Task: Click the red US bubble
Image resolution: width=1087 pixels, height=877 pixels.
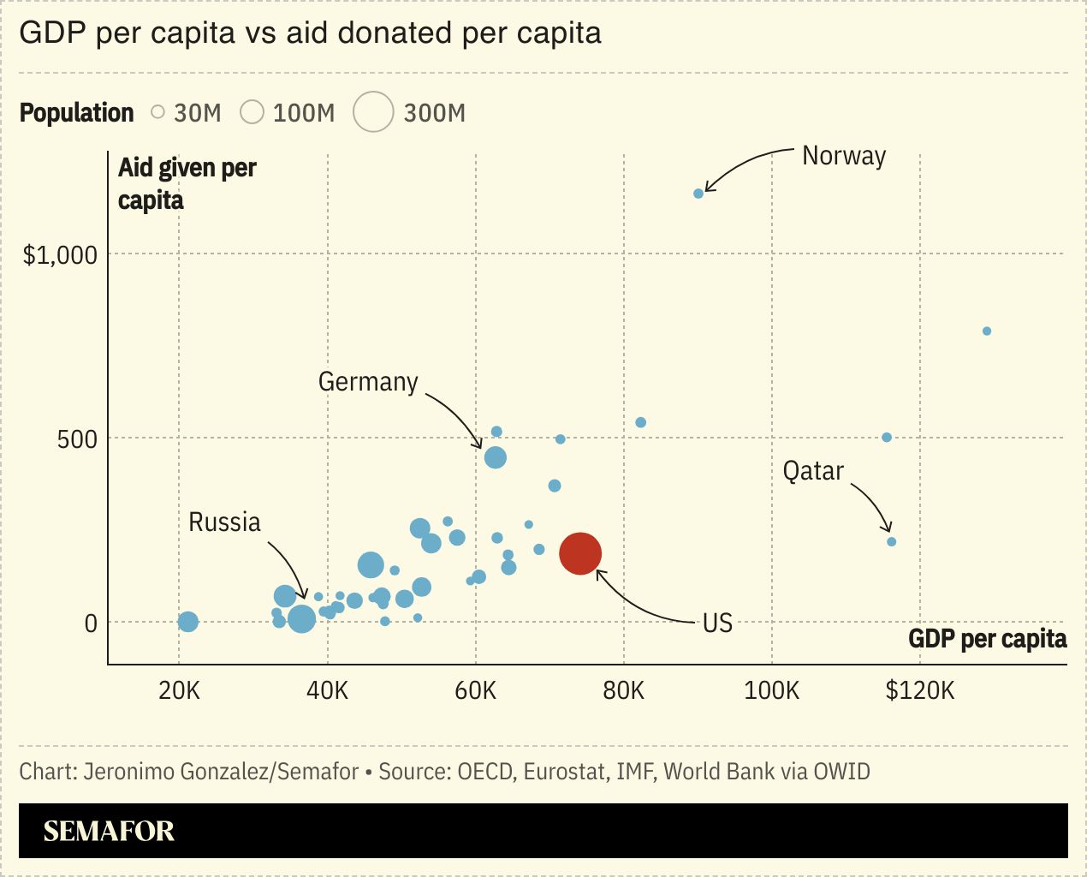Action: (580, 553)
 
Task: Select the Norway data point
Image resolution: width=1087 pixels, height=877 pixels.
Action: (698, 194)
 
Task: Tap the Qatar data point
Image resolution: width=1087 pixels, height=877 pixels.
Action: (891, 541)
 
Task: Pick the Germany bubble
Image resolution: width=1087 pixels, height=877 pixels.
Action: (496, 457)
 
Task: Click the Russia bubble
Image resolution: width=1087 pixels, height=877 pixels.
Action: (301, 618)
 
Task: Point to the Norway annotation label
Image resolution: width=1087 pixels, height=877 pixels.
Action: (843, 156)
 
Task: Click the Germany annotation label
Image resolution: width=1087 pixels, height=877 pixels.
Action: (368, 381)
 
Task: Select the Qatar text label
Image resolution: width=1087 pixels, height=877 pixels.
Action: (813, 471)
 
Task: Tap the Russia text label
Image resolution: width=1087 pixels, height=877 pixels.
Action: (224, 522)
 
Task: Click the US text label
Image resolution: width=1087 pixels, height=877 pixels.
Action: (717, 623)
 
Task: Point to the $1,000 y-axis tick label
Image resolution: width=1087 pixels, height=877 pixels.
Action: (60, 255)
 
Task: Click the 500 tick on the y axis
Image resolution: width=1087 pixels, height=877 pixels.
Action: (77, 439)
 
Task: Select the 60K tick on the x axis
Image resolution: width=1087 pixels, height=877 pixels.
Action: (475, 690)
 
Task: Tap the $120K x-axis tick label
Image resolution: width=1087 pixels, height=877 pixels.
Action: (919, 690)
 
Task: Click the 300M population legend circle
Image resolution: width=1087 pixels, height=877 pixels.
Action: (373, 112)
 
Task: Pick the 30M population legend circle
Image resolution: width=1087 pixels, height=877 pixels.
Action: (157, 111)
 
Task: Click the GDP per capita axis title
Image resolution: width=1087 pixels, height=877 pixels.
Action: (987, 639)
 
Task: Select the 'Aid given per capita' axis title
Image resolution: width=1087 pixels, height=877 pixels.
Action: (187, 183)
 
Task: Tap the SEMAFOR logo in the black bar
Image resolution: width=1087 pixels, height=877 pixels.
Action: (109, 831)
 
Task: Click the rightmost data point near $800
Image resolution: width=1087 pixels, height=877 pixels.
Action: (987, 331)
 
